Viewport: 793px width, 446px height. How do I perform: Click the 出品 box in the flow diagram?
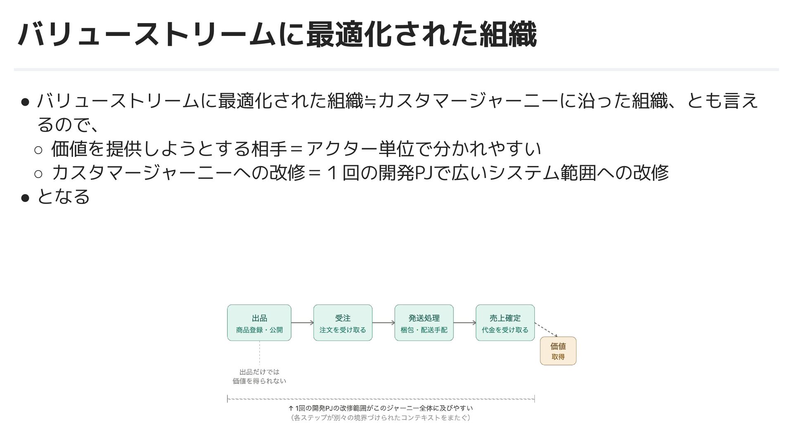[259, 323]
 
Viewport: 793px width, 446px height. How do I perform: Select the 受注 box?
[343, 323]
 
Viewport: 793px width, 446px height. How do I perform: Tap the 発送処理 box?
[424, 323]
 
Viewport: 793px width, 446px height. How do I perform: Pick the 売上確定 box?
[505, 323]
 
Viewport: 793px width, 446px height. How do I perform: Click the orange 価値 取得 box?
[558, 351]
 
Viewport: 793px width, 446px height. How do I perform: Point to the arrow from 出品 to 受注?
[302, 323]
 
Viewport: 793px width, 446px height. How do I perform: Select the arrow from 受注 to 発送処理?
[383, 323]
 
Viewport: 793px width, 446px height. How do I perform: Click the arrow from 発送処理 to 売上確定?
[465, 323]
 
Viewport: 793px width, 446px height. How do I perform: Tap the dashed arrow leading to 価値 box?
[546, 330]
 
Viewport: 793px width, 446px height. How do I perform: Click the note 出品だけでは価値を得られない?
[259, 376]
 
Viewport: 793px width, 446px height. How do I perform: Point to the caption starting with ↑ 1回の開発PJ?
[380, 408]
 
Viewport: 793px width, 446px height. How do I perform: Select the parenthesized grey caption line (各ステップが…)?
[380, 418]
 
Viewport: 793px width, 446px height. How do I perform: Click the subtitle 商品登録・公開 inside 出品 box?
[259, 330]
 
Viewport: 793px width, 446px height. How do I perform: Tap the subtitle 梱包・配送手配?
[424, 330]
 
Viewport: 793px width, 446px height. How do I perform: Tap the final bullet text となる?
[63, 197]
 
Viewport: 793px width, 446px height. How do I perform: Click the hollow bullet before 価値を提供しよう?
[38, 150]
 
